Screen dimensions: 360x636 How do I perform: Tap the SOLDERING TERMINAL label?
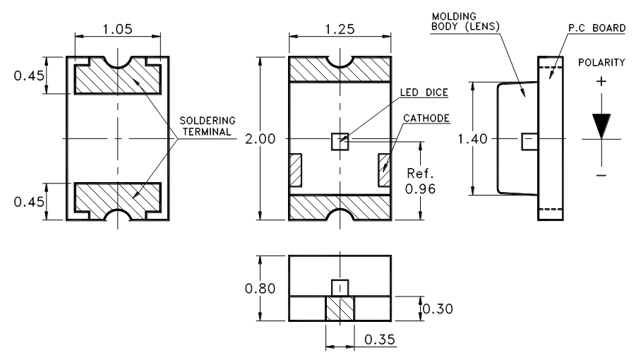pos(207,125)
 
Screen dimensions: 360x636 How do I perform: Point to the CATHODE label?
pos(426,118)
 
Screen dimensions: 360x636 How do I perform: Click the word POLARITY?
pos(601,62)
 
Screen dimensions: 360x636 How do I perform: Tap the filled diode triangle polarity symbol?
pos(601,126)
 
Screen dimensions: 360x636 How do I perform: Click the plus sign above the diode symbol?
pos(601,82)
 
